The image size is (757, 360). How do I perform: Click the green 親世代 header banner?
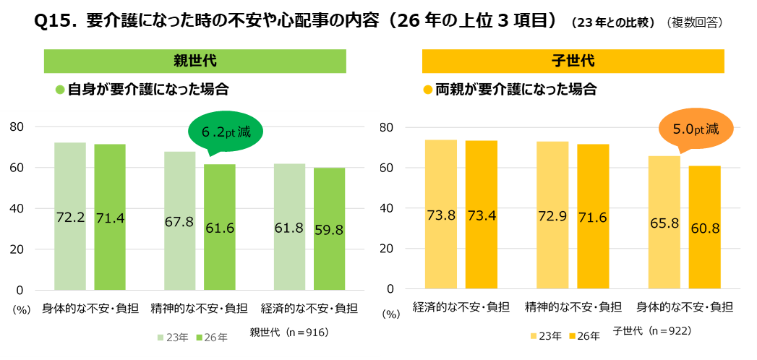[195, 61]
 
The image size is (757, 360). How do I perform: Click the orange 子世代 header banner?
[573, 61]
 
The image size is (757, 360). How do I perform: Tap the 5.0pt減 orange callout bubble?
[697, 129]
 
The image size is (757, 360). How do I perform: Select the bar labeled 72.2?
[70, 216]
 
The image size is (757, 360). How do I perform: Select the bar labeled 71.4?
[110, 217]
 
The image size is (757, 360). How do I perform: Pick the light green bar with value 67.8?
[179, 220]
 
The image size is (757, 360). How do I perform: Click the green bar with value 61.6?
[220, 227]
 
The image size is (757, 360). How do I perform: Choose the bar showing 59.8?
[330, 228]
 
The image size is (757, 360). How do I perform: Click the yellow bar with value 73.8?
[441, 214]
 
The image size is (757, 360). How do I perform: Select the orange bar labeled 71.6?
[593, 217]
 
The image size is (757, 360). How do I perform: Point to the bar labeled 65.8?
[664, 223]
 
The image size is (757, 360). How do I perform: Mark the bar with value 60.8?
[705, 227]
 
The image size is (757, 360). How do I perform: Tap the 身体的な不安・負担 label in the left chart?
[90, 307]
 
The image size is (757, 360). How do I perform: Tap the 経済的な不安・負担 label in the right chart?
[461, 307]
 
